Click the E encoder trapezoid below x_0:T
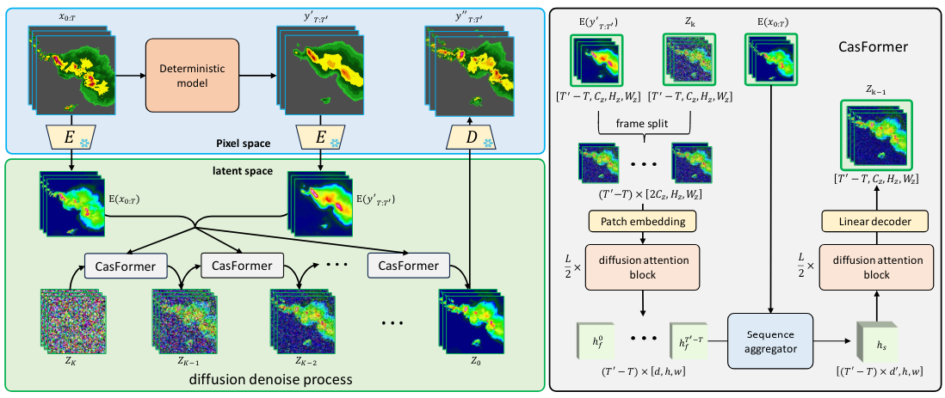coord(73,139)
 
